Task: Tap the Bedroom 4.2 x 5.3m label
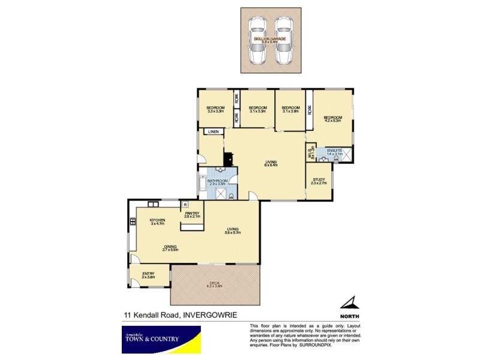[332, 119]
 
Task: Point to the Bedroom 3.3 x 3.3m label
[215, 109]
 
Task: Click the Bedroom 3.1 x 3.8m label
[290, 109]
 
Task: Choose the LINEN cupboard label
[212, 131]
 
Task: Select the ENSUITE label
[334, 152]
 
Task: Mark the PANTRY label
[192, 214]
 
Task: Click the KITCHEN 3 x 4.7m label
[157, 222]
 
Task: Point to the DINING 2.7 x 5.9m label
[172, 248]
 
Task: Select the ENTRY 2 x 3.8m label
[148, 275]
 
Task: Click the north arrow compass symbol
[349, 303]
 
